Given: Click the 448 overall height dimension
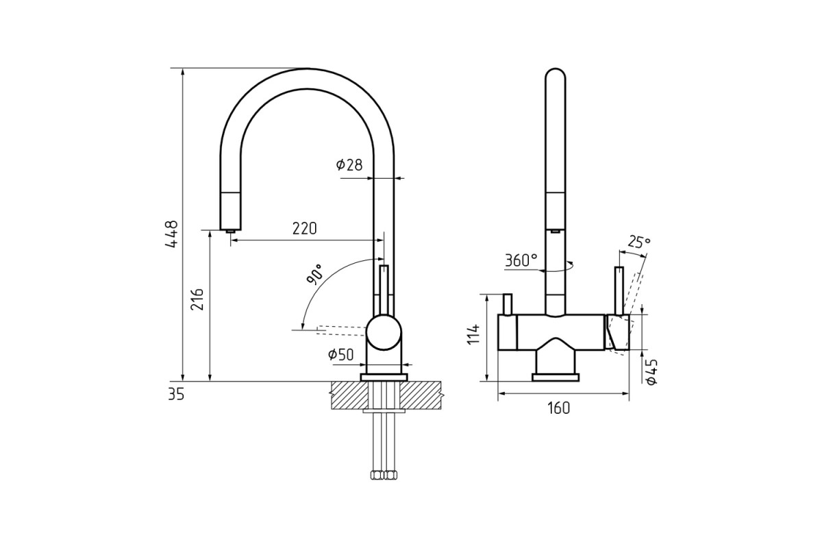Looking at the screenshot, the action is tap(172, 234).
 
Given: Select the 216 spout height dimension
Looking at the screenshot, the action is tap(197, 299).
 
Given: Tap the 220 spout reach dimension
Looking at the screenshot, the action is tap(305, 228).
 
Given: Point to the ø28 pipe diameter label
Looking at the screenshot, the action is tap(349, 165).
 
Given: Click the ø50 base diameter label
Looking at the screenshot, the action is tap(341, 355).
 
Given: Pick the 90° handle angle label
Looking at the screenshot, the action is tap(314, 274).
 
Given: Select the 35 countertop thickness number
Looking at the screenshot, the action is tap(176, 395).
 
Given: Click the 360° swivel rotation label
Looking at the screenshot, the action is tap(521, 260).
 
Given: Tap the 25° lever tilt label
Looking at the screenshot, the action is tap(639, 242).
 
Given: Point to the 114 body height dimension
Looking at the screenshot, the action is tap(474, 334).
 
